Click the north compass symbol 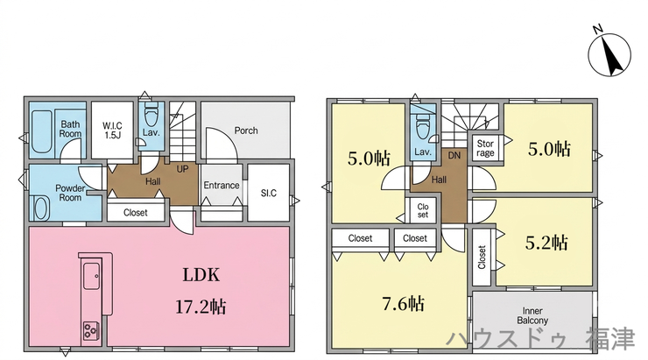(609, 53)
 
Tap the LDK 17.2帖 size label (201, 307)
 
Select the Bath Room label (70, 129)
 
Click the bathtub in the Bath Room (42, 131)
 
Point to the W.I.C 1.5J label (112, 130)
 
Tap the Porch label (246, 131)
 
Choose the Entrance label (221, 185)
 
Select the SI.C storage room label (269, 193)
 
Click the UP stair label (182, 169)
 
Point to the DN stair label (454, 156)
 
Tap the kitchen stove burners (91, 330)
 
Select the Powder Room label (70, 193)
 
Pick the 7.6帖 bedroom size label (404, 304)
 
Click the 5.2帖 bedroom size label (546, 243)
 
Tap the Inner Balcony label (532, 316)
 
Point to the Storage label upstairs (485, 148)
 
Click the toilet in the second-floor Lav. (422, 127)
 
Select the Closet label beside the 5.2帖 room (482, 258)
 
